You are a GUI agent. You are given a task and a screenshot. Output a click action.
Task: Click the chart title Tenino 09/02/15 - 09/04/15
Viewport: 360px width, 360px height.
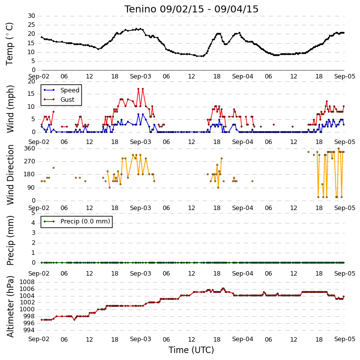[x=191, y=9]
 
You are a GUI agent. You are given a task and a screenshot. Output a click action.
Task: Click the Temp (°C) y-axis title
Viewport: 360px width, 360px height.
[x=9, y=44]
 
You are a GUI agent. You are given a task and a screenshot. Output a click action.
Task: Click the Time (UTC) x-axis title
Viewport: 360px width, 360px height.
[x=191, y=350]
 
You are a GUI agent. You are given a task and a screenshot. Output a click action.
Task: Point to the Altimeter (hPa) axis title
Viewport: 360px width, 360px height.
[x=10, y=307]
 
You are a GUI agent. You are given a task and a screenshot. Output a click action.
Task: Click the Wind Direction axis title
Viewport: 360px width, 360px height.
[x=10, y=175]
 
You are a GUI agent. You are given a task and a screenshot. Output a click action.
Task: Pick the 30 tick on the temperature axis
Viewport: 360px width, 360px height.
[x=31, y=16]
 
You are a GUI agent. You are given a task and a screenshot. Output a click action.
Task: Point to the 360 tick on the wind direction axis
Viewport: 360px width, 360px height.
[x=30, y=148]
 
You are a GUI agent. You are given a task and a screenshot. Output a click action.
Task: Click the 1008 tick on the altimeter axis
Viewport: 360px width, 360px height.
[x=27, y=282]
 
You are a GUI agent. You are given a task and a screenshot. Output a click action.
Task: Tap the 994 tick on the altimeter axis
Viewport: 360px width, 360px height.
[x=29, y=330]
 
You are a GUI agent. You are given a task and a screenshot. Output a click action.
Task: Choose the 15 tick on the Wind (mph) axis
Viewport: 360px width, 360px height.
[x=31, y=94]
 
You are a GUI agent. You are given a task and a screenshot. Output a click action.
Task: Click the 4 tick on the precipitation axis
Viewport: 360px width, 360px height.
[x=33, y=223]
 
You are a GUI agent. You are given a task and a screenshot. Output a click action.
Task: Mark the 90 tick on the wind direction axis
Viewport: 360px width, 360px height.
[x=31, y=188]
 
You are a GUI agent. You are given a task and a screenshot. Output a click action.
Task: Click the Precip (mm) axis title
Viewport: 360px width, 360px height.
[x=10, y=240]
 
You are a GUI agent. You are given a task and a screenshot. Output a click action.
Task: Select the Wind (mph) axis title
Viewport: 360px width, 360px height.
[x=10, y=109]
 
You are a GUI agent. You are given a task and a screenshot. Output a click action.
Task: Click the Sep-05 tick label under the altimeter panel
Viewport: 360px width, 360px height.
[x=345, y=339]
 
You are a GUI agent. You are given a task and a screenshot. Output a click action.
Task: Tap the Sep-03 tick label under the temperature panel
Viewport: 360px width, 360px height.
[x=140, y=76]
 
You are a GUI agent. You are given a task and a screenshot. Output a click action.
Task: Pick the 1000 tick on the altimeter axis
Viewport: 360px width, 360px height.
[x=27, y=309]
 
